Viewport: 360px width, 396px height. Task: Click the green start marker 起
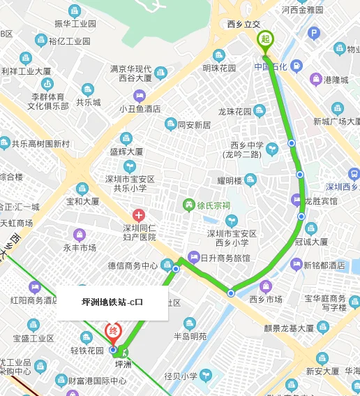click(264, 39)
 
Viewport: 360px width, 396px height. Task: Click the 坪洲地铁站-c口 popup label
click(112, 302)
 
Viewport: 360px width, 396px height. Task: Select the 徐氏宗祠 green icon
click(188, 205)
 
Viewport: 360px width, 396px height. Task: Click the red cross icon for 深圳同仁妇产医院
click(139, 215)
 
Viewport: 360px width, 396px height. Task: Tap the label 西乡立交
click(243, 25)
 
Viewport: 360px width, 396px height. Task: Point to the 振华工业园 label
click(75, 24)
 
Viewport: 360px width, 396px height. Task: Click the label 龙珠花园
click(234, 112)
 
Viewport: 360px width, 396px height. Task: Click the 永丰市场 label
click(80, 248)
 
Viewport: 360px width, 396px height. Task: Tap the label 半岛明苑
click(190, 336)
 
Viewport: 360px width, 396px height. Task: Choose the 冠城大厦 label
click(311, 242)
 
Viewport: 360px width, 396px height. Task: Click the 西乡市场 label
click(266, 299)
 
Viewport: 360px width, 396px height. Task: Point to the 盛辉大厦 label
click(127, 152)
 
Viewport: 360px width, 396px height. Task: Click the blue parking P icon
click(313, 33)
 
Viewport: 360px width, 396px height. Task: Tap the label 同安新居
click(194, 125)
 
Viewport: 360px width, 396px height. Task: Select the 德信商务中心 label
click(132, 265)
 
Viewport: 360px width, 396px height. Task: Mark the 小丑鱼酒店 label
click(140, 109)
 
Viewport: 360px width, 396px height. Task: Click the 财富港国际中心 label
click(98, 381)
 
